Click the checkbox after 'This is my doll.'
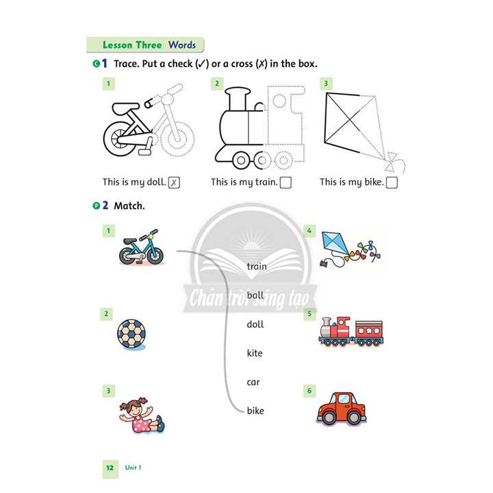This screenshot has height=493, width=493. click(x=174, y=183)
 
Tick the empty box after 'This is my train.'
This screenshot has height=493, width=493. click(x=286, y=183)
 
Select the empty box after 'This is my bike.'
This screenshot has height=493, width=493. click(x=392, y=183)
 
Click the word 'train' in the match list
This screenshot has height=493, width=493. click(x=257, y=266)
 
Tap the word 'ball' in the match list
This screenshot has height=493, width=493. click(x=255, y=295)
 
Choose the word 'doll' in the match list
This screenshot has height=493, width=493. click(x=255, y=324)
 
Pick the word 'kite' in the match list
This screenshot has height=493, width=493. click(x=255, y=353)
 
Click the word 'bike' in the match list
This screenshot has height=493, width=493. click(x=255, y=411)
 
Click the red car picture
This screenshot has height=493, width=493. click(x=341, y=408)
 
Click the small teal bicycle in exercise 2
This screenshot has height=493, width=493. click(x=141, y=248)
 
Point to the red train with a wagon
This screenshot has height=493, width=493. click(x=351, y=331)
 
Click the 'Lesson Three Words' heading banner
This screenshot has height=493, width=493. click(x=149, y=45)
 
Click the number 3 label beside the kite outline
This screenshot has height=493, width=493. click(x=326, y=84)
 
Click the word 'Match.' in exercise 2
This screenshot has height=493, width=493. click(x=129, y=205)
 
